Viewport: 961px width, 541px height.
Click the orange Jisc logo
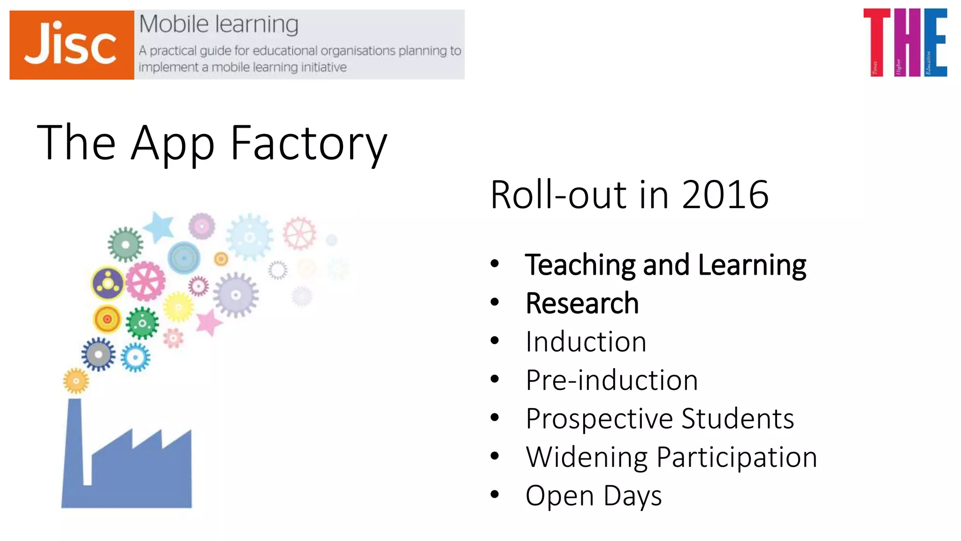(x=72, y=45)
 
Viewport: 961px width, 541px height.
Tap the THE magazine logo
(x=905, y=42)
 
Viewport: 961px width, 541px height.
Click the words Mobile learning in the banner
(x=219, y=24)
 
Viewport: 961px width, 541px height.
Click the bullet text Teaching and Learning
(x=665, y=265)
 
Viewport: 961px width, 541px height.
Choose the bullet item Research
(x=582, y=303)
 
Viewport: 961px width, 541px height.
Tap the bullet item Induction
(x=586, y=342)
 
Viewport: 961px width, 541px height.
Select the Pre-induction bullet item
(x=612, y=380)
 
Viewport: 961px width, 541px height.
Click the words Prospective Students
(x=660, y=419)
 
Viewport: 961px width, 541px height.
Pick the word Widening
(x=587, y=457)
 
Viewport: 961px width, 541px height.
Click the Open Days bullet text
(x=594, y=496)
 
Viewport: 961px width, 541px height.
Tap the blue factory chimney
(x=75, y=441)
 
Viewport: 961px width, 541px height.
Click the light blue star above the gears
(x=159, y=226)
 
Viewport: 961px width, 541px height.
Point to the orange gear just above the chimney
(x=76, y=381)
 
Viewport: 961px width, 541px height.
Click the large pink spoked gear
(x=145, y=281)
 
